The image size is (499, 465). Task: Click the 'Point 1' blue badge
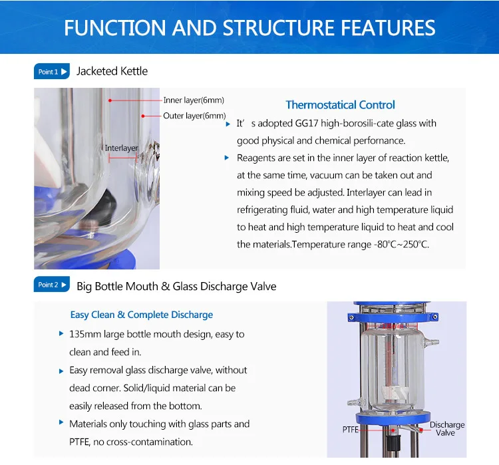tap(51, 72)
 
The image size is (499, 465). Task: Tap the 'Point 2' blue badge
tap(51, 285)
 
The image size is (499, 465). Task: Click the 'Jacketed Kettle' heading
tap(112, 71)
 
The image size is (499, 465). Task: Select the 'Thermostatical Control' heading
tap(340, 104)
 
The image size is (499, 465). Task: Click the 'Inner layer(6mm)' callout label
tap(194, 100)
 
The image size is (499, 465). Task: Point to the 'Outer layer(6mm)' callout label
tap(194, 116)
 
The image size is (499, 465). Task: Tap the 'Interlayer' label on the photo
tap(121, 148)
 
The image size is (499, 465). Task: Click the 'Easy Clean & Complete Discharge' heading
tap(142, 315)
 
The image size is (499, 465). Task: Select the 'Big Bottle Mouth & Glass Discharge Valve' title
tap(176, 287)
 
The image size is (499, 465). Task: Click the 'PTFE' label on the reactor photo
tap(351, 430)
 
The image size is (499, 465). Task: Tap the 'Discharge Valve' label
tap(446, 428)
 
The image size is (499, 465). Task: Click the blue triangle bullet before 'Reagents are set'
tap(228, 158)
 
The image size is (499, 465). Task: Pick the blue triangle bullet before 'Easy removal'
tap(61, 370)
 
